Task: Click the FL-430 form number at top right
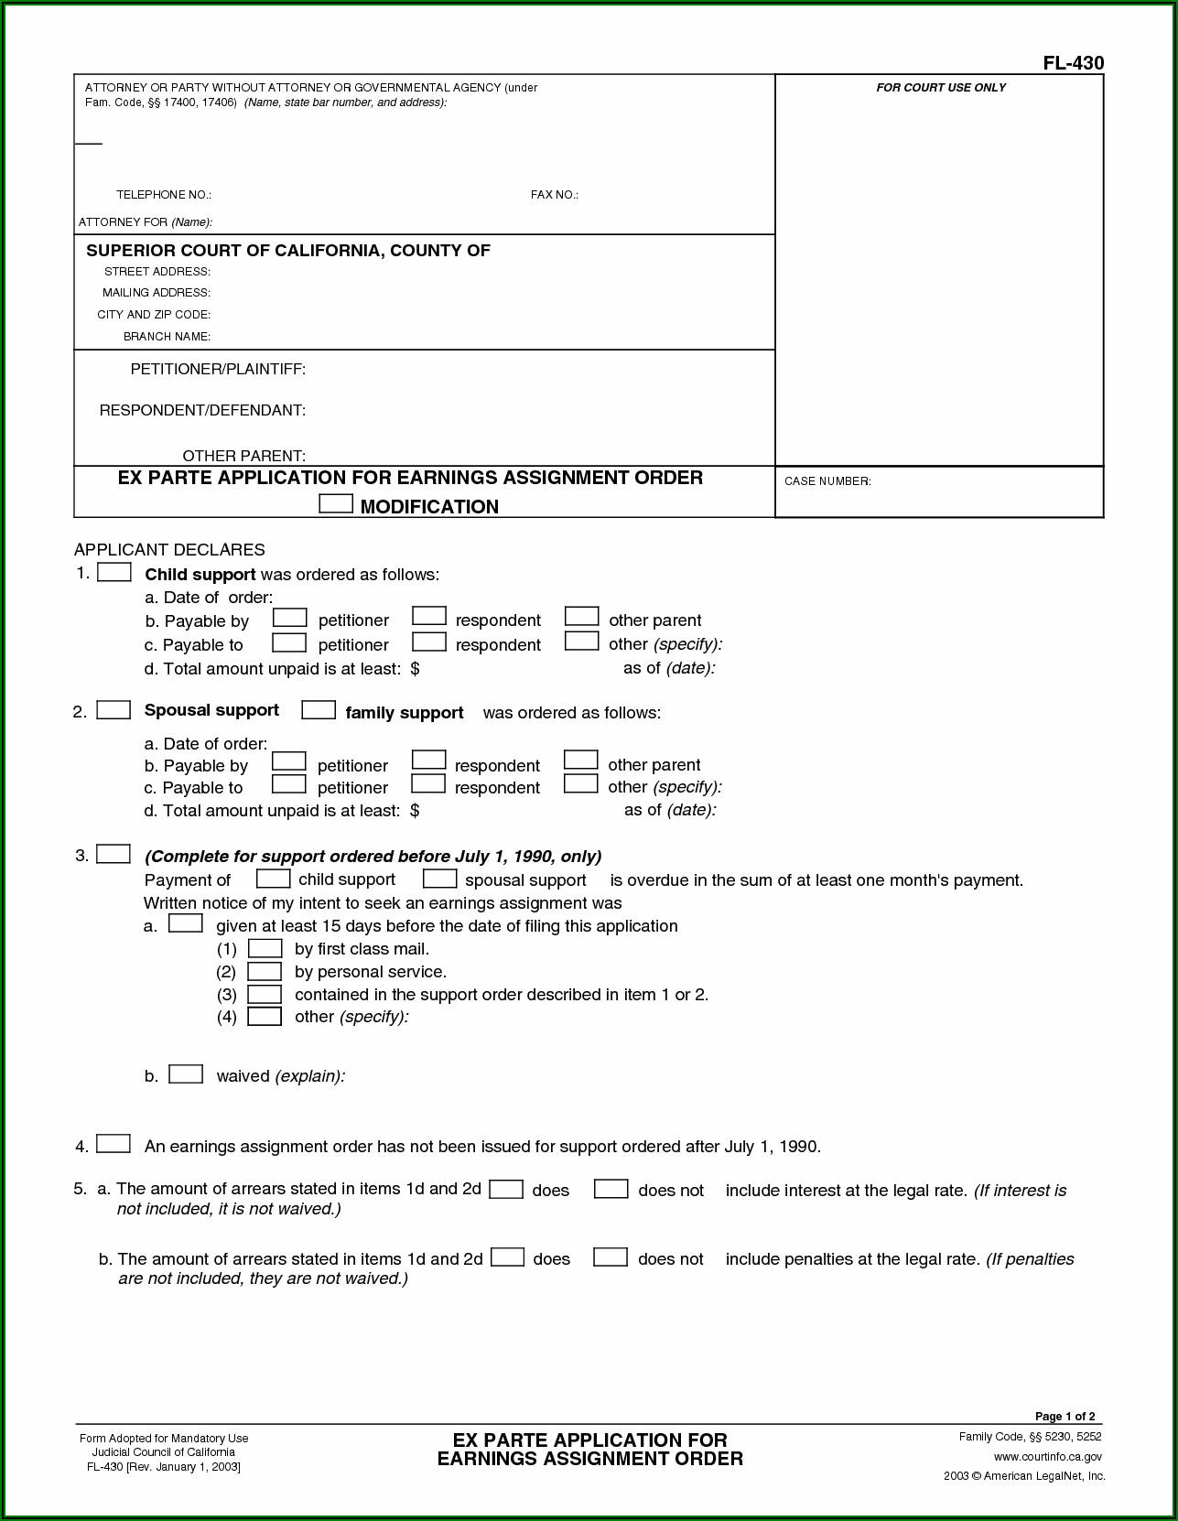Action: (1073, 63)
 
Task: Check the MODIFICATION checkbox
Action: (336, 503)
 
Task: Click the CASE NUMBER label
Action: (827, 481)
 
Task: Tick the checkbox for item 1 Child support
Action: (114, 573)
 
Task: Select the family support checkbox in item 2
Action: (319, 710)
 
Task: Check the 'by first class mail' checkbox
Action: (265, 949)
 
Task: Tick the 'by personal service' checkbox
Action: (265, 972)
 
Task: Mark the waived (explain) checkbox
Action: (186, 1074)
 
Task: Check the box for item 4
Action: (113, 1144)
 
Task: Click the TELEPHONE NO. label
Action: (164, 195)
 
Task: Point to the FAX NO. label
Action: (554, 195)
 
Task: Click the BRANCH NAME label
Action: (167, 337)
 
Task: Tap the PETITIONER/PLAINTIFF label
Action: (218, 370)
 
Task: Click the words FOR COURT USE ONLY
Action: (941, 88)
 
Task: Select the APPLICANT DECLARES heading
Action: (169, 550)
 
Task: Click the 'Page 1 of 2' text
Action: (1065, 1417)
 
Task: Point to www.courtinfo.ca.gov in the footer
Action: (1047, 1456)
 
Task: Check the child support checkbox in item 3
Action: (273, 879)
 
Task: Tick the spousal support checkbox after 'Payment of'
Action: (439, 879)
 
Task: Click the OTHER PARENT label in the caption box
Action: (243, 456)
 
